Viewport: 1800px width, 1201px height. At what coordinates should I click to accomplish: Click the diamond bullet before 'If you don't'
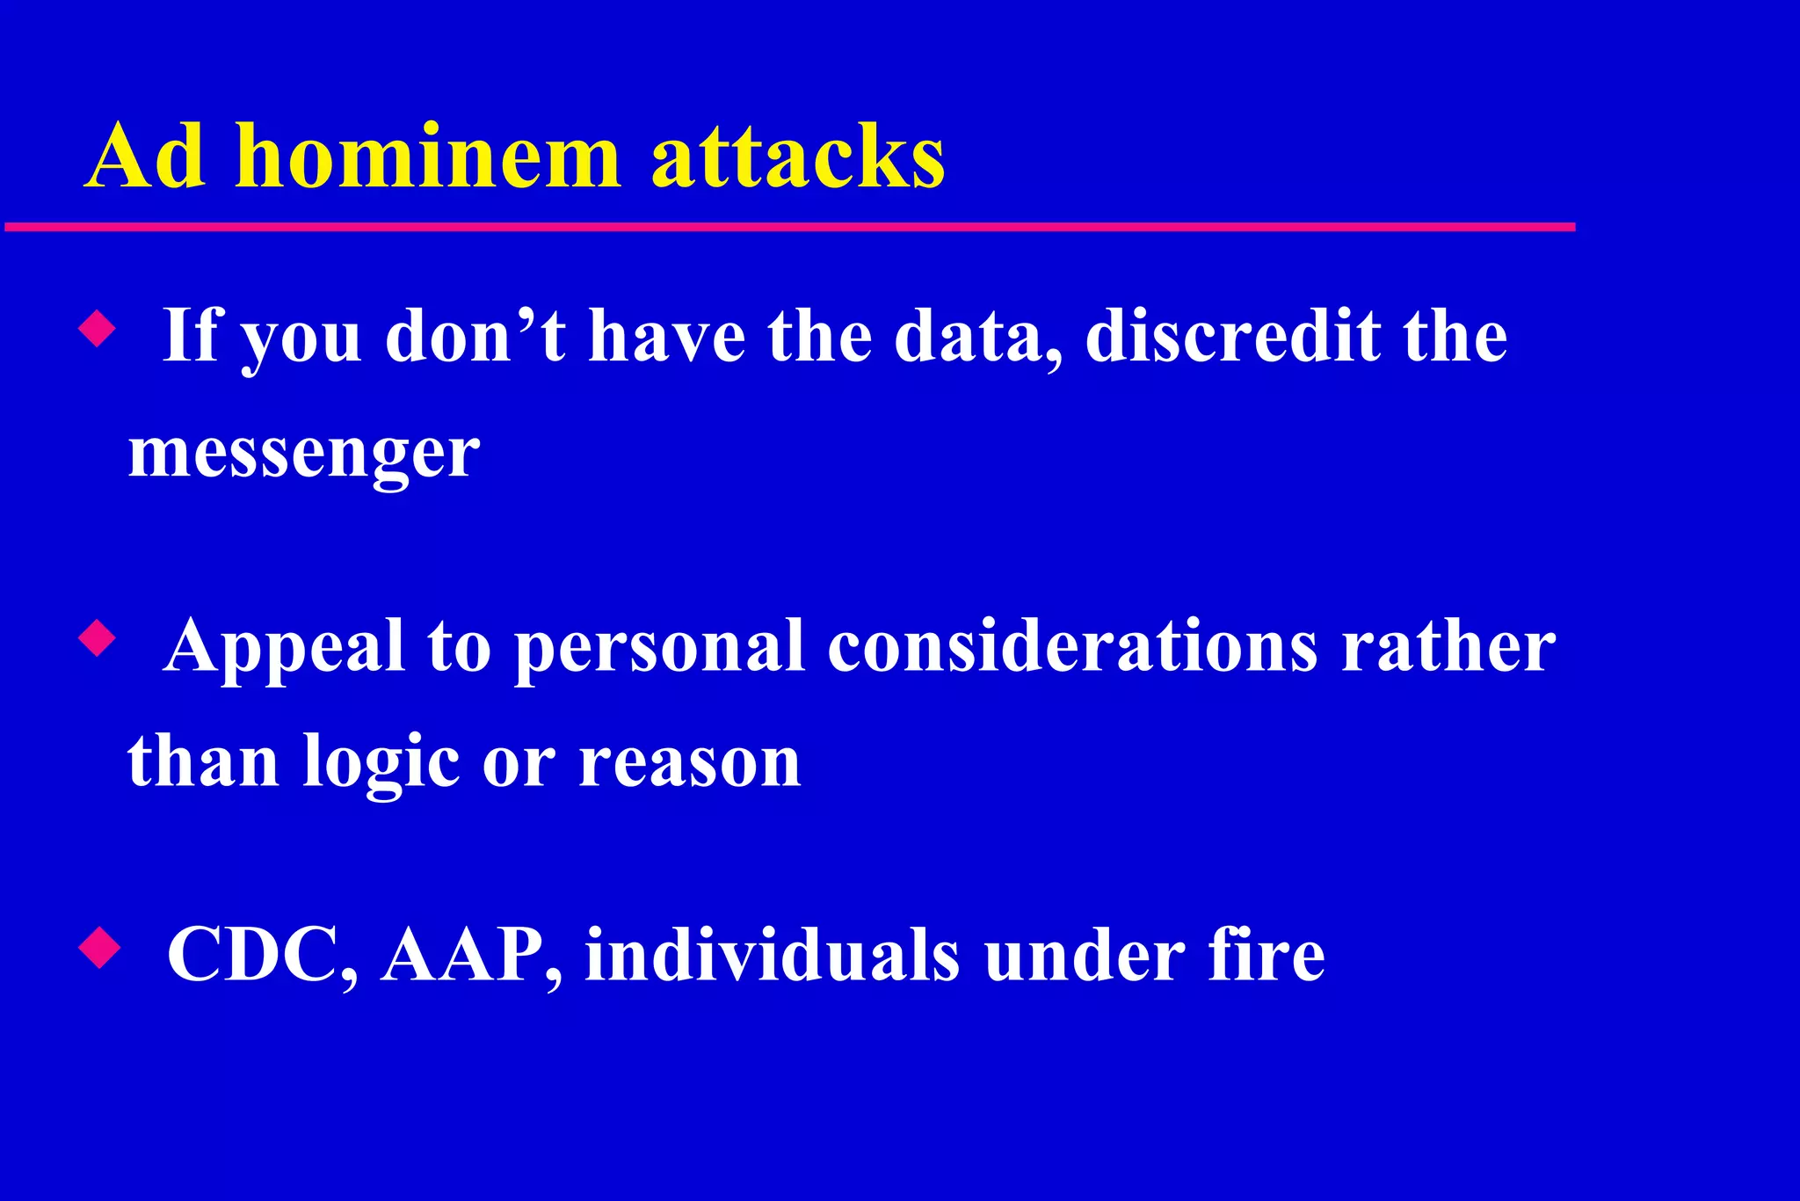pos(97,330)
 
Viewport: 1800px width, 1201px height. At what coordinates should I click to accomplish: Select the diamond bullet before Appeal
pos(97,639)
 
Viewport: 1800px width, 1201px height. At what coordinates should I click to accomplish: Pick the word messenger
pos(303,455)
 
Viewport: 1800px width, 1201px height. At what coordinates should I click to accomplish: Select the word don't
pos(475,337)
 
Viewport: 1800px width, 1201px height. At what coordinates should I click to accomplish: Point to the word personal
pos(658,648)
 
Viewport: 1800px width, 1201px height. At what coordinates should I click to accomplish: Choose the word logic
pos(381,763)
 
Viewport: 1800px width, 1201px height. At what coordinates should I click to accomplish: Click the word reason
pos(689,763)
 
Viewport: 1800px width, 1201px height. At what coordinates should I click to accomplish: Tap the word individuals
pos(773,956)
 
